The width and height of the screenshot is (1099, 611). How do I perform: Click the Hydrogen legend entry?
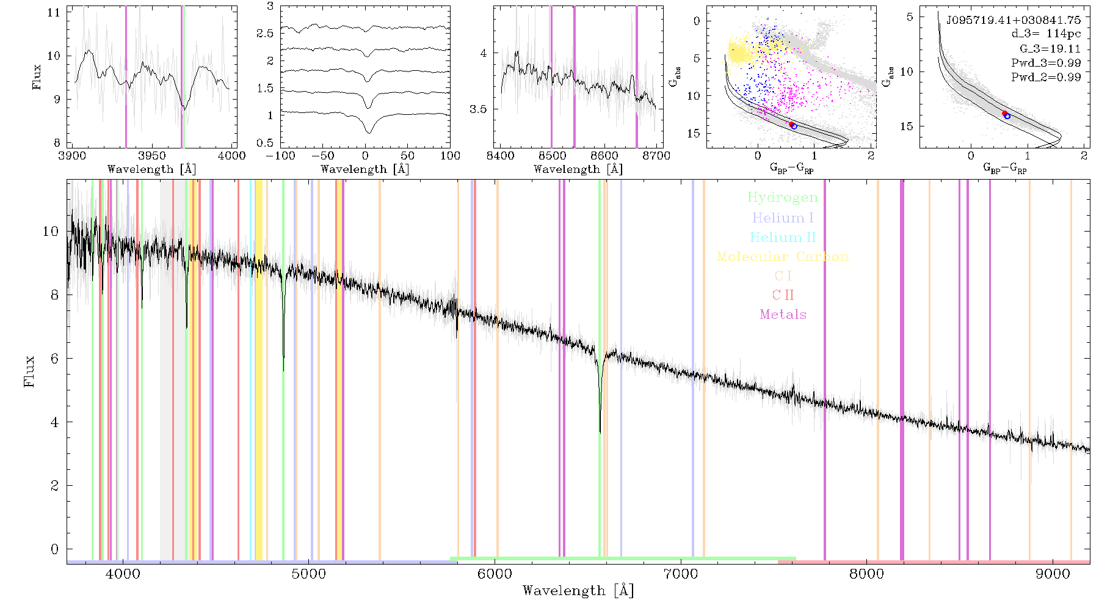coord(782,197)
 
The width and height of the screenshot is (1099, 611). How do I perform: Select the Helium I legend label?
coord(783,218)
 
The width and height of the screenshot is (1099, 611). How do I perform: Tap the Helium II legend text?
coord(783,237)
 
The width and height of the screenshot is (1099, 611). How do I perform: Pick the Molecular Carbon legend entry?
coord(783,257)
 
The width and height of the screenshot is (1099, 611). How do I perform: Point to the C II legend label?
coord(783,295)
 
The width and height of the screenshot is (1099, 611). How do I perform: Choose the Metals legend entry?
coord(783,315)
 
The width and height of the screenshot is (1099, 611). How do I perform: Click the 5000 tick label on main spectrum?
coord(308,574)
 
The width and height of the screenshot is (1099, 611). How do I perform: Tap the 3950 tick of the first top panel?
coord(152,156)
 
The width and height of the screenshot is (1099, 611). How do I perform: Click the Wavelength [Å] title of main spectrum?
coord(578,591)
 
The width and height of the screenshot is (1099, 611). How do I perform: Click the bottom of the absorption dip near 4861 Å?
coord(283,371)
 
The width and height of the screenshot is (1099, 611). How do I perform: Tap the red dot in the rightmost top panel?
coord(1004,114)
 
